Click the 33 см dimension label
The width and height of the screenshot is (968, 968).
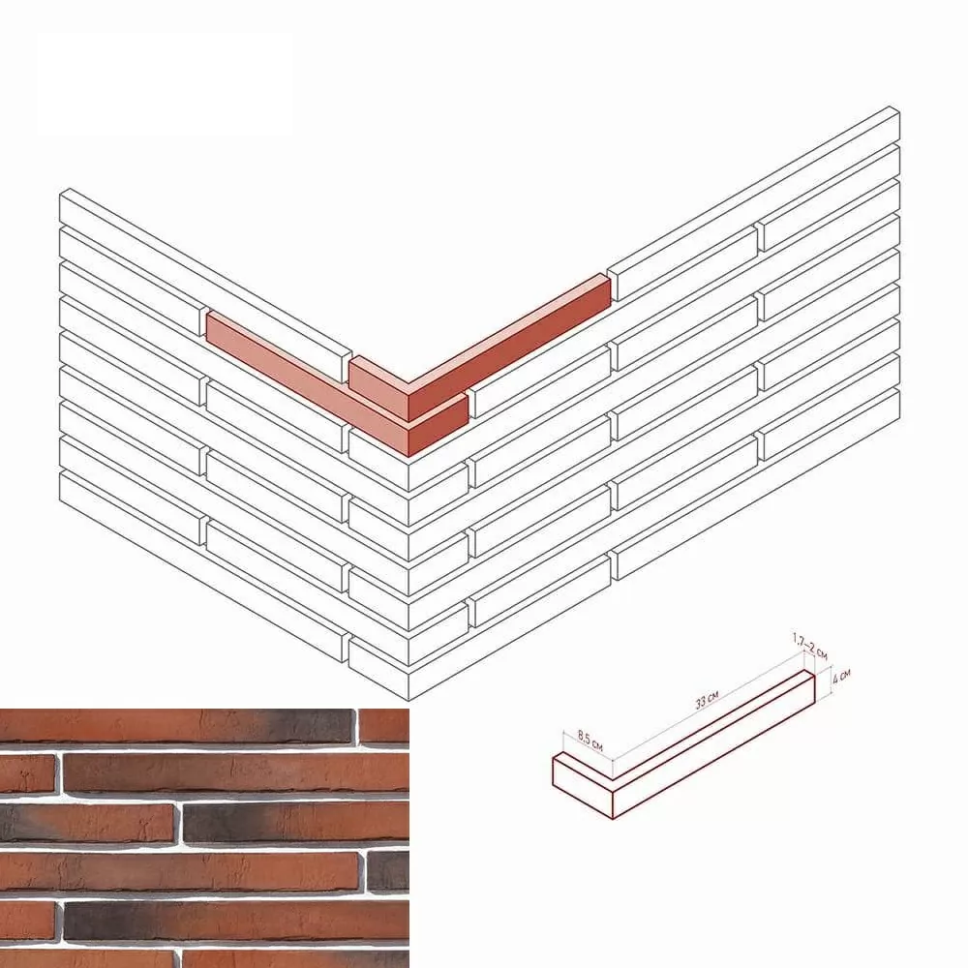tap(707, 700)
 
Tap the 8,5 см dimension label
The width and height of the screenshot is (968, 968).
tap(590, 740)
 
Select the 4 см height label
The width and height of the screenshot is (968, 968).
tap(841, 677)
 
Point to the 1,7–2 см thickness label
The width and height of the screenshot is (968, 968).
tap(810, 646)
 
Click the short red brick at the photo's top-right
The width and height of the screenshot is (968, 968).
tap(384, 725)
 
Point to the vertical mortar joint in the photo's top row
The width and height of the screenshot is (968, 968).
tap(355, 726)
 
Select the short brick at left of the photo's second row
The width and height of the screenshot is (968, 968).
tap(28, 772)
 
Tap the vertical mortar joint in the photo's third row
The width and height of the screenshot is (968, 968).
tap(178, 822)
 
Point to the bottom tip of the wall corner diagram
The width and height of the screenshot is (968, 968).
tap(409, 700)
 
